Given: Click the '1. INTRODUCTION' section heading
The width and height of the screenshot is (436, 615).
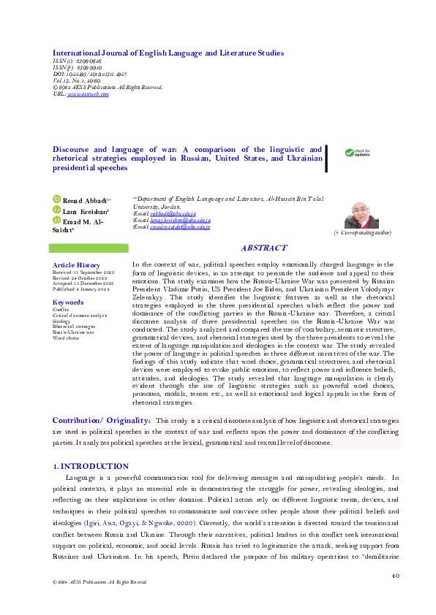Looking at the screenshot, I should [x=91, y=466].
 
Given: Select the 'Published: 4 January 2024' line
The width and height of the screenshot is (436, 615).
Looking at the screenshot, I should [x=80, y=290].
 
